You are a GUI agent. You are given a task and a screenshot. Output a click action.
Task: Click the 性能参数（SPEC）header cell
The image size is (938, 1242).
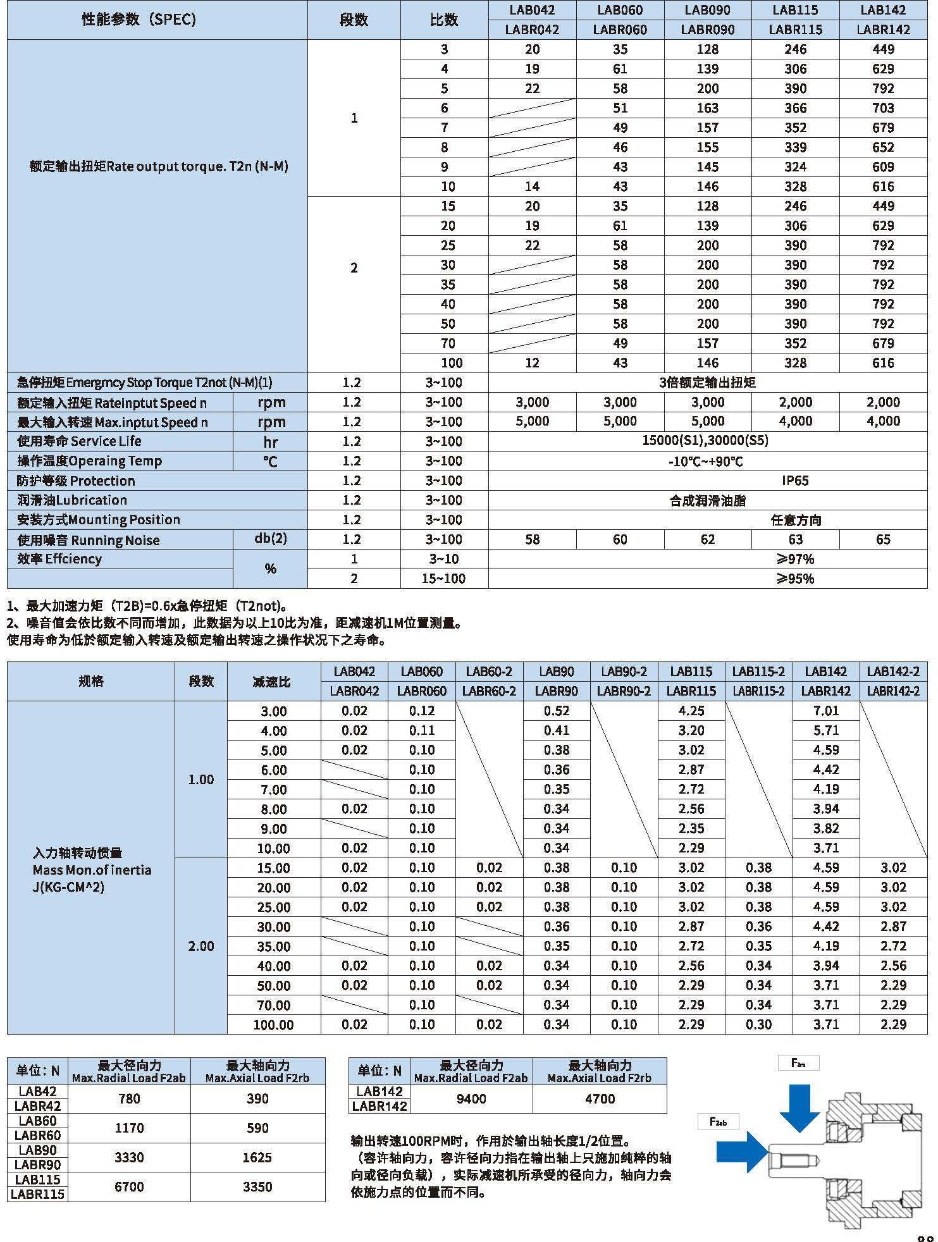139,20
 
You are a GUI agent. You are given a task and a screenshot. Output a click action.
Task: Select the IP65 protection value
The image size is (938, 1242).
795,481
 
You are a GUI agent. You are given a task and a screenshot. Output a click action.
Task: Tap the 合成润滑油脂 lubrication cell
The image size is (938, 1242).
707,501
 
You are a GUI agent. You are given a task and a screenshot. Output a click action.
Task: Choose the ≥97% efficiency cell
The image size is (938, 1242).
795,559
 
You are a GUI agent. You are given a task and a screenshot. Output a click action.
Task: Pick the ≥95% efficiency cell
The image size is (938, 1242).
795,579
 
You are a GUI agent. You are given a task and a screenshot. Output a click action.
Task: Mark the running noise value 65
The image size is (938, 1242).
883,539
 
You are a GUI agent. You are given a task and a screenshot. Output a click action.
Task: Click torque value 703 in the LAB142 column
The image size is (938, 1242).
883,108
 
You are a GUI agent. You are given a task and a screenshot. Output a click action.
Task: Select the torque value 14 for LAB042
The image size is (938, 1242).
532,187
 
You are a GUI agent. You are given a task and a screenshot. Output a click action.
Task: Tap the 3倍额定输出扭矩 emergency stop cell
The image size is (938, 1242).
707,383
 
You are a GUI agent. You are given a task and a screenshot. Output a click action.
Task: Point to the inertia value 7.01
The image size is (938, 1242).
826,711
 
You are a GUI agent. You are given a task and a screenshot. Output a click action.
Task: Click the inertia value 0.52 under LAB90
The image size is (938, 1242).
557,711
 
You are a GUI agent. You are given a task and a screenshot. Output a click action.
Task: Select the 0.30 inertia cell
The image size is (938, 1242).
758,1024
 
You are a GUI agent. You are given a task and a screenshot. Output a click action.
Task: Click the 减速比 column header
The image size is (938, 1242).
273,682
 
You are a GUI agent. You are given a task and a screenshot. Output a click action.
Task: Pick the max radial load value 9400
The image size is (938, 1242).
471,1099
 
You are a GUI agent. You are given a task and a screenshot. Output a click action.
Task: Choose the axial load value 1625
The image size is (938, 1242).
257,1157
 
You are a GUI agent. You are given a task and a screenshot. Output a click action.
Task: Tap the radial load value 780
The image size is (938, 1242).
129,1099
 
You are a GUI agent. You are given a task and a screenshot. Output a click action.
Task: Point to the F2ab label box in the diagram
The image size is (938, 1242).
719,1121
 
